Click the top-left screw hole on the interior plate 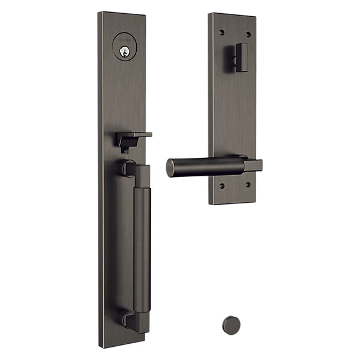click(x=222, y=31)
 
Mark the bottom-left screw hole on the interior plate click(x=222, y=185)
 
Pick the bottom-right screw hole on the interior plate click(x=247, y=185)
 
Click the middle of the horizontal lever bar click(x=207, y=166)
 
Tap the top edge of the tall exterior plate click(x=122, y=13)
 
